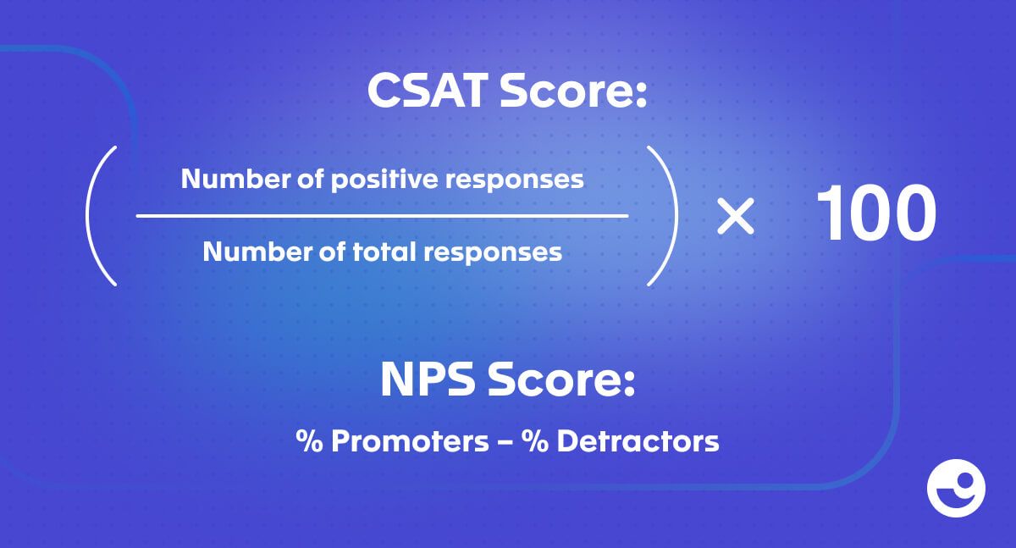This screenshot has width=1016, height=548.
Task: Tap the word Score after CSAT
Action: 573,91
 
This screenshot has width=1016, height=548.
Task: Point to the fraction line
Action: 382,216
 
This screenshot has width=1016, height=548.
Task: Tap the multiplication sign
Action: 735,216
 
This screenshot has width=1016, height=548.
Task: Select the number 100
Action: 875,213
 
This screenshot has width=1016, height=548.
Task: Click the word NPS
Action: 428,379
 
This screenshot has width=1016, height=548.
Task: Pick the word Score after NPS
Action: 561,379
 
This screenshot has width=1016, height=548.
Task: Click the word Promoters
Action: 410,441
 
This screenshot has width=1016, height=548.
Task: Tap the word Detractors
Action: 638,441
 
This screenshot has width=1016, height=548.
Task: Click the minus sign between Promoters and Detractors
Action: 505,442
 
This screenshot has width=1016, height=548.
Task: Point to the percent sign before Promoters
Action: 309,441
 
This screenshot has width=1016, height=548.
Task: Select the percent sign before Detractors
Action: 535,441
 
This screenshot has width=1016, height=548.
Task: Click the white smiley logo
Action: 956,488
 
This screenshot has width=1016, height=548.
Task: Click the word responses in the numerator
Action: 515,180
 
